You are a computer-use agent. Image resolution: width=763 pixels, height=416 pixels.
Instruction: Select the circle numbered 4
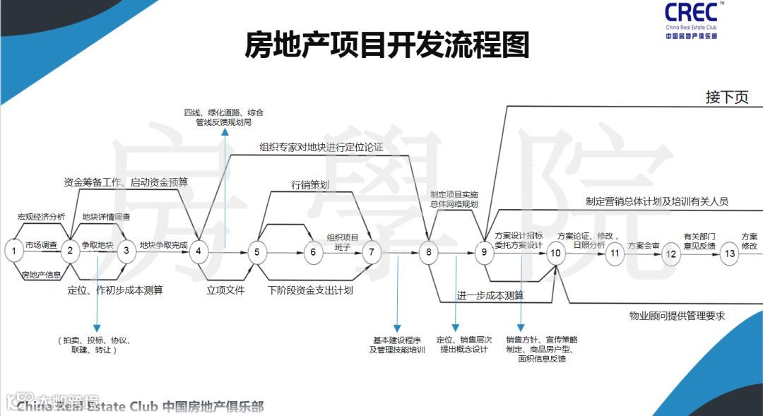point(199,250)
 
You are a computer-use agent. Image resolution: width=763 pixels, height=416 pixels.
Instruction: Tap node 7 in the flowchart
point(372,251)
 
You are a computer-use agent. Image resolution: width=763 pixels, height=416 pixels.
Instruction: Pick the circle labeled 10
point(556,252)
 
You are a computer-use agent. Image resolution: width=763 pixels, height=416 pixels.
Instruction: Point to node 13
point(730,252)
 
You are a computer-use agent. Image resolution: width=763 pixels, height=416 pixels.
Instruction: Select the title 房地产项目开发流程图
point(386,45)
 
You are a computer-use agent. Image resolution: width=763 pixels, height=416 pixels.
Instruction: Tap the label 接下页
point(726,97)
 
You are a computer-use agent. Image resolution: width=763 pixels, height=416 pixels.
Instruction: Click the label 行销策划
point(310,185)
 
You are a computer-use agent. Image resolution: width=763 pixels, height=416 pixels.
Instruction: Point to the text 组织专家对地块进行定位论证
point(321,148)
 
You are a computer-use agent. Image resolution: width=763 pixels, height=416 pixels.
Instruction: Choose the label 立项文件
point(225,290)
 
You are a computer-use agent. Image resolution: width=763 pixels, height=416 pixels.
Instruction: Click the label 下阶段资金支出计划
point(311,290)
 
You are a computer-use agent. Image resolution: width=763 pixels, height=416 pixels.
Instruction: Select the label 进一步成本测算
point(490,295)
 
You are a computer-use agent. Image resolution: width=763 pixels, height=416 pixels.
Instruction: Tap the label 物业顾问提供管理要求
point(677,316)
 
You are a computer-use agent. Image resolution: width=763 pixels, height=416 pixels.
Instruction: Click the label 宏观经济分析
point(41,217)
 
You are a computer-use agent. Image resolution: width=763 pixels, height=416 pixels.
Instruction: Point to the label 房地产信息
point(41,275)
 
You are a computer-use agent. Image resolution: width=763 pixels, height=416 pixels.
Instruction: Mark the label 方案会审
point(642,246)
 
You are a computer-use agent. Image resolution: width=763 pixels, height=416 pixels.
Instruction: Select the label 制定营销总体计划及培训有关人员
point(657,201)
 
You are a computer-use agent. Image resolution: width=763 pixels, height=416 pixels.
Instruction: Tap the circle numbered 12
point(671,254)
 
